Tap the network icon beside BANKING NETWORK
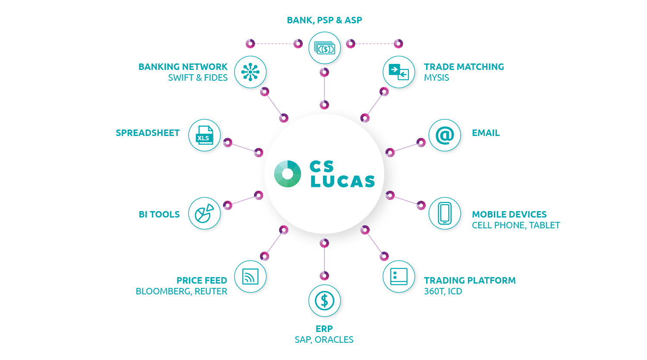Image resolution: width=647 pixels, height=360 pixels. [250, 72]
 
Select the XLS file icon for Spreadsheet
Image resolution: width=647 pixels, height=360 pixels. [204, 135]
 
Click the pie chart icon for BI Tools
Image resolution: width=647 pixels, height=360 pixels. [204, 213]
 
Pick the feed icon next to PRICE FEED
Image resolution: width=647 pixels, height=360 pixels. [250, 277]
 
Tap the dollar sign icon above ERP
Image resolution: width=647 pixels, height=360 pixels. [324, 301]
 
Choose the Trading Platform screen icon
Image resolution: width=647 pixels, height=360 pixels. [399, 277]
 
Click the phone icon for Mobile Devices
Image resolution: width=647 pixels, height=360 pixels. [445, 213]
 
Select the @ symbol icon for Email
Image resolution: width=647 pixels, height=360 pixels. [445, 135]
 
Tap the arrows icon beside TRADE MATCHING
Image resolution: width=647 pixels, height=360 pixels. [399, 72]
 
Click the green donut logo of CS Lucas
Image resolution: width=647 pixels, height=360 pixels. [288, 174]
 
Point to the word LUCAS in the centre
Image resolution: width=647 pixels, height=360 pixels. [343, 182]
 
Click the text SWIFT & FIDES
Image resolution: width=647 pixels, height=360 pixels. [198, 78]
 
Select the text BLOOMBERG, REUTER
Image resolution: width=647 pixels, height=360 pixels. [182, 291]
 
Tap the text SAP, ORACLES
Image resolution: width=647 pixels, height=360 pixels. [324, 340]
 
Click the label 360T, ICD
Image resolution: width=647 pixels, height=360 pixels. [443, 291]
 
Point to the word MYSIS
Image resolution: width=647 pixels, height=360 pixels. [437, 78]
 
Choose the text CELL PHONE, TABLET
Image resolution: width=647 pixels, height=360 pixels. [516, 225]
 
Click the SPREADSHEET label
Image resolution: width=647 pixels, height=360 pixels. [148, 133]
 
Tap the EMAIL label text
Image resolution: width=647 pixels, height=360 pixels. [486, 133]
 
